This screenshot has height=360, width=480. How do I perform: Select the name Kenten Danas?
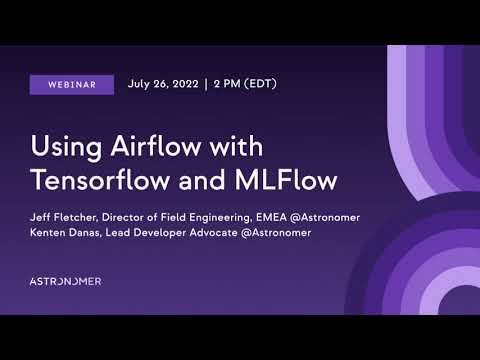[x=71, y=232]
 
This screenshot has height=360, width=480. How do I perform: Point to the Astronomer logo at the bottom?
[x=65, y=281]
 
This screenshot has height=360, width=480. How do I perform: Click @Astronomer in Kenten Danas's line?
[x=277, y=232]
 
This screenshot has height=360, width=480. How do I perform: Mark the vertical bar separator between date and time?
[x=204, y=84]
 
